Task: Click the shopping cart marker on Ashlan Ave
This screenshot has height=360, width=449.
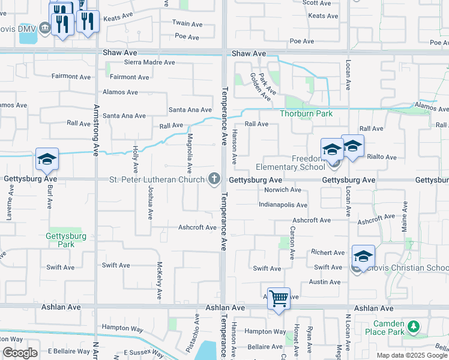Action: point(279,298)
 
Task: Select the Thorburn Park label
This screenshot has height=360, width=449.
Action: point(306,113)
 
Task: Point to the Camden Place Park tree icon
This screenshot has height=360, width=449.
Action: point(413,327)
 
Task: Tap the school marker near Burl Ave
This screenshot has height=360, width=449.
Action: point(47,159)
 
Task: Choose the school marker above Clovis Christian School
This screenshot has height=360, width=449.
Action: point(363,256)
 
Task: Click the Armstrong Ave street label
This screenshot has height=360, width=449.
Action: point(96,129)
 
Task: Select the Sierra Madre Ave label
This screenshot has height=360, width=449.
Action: point(149,62)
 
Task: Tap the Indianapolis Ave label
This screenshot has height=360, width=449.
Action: point(283,205)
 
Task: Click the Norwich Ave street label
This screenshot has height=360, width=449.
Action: point(283,190)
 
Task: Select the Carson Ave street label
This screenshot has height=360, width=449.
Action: point(292,242)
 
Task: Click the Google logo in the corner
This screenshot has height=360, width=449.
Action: point(20,353)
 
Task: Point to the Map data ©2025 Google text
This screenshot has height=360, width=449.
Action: point(412,355)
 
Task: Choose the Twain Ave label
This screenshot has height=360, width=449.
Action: point(188,24)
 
